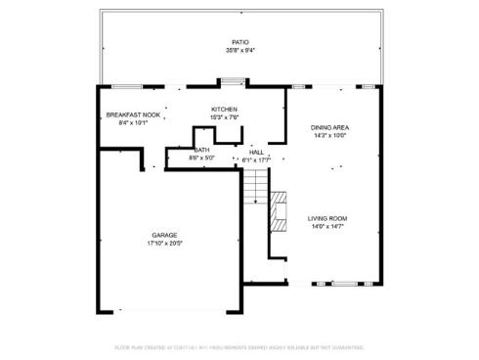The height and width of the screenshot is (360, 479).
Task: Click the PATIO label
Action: tap(239, 42)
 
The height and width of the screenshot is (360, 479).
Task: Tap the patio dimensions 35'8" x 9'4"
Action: tap(239, 49)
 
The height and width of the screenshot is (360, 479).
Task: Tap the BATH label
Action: tap(201, 150)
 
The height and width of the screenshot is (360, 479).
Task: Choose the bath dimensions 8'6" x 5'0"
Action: tap(201, 157)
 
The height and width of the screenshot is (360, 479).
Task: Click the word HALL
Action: tap(256, 152)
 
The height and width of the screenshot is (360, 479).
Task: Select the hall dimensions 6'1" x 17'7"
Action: tap(256, 158)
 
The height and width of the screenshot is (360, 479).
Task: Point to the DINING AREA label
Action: tap(329, 128)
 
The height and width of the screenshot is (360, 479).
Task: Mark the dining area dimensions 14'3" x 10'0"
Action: tap(329, 136)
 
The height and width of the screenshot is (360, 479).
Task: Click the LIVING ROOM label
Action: tap(327, 218)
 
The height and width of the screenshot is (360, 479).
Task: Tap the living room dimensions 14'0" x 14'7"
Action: tap(327, 226)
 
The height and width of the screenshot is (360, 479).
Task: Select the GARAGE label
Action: tap(164, 235)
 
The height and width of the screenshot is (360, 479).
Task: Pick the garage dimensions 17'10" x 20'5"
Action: tap(164, 243)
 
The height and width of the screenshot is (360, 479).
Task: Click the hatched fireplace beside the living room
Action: tap(281, 210)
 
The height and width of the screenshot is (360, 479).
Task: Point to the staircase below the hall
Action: tap(255, 186)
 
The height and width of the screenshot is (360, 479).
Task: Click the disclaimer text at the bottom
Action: tap(239, 346)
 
